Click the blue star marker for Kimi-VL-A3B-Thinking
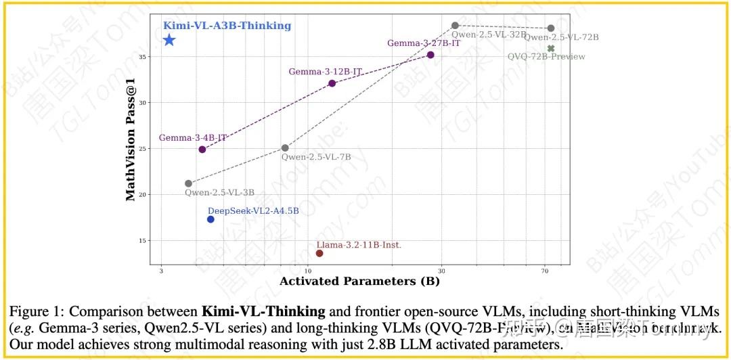[169, 40]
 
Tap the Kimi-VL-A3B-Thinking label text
[227, 26]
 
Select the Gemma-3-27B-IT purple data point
[430, 55]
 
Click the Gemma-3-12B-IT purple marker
[332, 83]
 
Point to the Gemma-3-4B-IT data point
[202, 149]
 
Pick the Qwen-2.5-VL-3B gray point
[188, 183]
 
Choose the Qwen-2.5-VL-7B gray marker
[285, 148]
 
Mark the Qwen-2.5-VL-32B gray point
[456, 26]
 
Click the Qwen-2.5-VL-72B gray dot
[551, 28]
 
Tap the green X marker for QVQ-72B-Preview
[551, 48]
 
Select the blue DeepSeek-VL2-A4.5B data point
[211, 219]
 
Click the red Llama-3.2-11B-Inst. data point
[319, 253]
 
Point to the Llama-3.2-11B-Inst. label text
[359, 244]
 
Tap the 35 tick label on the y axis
[143, 56]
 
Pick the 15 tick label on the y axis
[143, 240]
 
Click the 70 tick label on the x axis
[545, 271]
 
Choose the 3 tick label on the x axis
[161, 271]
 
